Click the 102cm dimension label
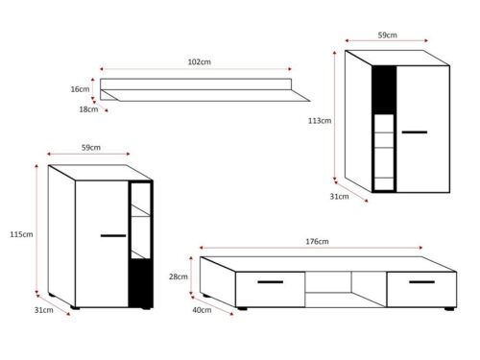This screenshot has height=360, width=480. click(x=199, y=61)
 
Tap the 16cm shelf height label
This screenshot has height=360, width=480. click(x=80, y=89)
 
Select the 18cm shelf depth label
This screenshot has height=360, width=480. click(x=88, y=109)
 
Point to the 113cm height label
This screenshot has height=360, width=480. click(x=320, y=121)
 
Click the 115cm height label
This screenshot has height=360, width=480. click(x=21, y=234)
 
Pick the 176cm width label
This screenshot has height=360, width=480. click(x=317, y=242)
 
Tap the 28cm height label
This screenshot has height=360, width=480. click(x=179, y=276)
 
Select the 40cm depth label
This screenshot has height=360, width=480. click(x=202, y=310)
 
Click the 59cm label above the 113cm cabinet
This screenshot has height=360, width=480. click(x=388, y=36)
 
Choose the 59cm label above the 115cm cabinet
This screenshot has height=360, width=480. click(x=91, y=148)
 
